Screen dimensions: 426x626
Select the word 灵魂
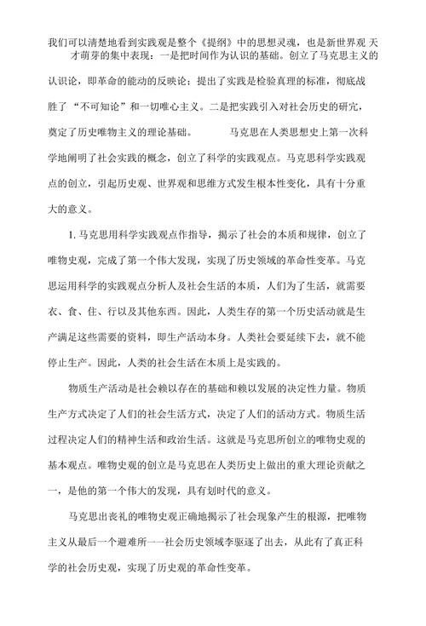pyautogui.click(x=285, y=40)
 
